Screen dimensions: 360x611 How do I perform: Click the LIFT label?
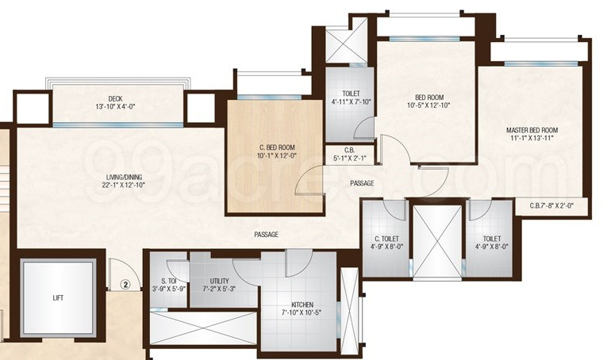58,298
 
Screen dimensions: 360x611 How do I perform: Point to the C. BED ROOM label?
277,147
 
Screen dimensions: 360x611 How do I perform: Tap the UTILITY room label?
220,281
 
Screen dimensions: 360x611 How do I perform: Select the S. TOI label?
167,281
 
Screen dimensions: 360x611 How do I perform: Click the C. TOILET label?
386,239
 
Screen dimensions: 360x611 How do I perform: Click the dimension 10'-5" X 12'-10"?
428,105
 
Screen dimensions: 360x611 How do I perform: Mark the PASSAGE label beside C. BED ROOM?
362,183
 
